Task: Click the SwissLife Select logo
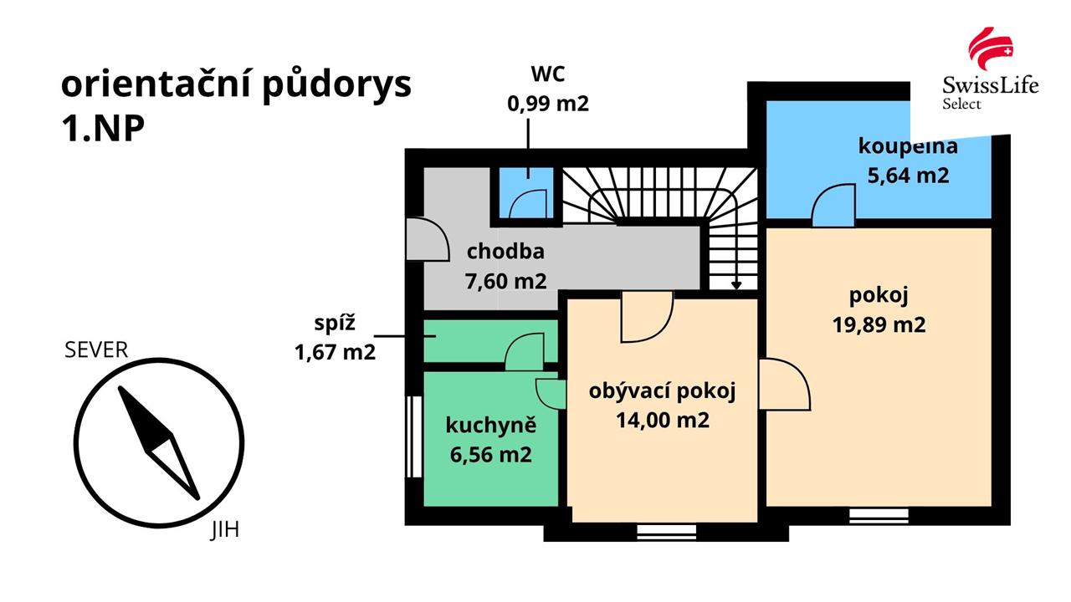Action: point(990,69)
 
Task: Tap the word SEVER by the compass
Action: point(96,350)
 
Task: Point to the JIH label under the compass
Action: point(225,530)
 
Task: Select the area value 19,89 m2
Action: point(879,325)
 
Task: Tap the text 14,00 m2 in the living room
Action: point(662,421)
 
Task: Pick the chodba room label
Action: point(505,252)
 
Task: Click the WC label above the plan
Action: point(548,74)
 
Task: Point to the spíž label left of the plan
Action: point(335,324)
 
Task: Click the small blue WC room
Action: point(526,193)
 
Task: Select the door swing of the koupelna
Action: point(833,205)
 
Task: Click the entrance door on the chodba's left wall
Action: point(428,239)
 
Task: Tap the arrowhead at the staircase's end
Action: point(736,285)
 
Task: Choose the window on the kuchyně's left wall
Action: point(413,436)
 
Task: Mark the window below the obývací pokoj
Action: point(667,532)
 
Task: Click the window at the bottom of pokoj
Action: point(879,516)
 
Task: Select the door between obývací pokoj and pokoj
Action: point(785,385)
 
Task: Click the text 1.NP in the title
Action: point(103,129)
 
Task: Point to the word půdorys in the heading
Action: point(337,86)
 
